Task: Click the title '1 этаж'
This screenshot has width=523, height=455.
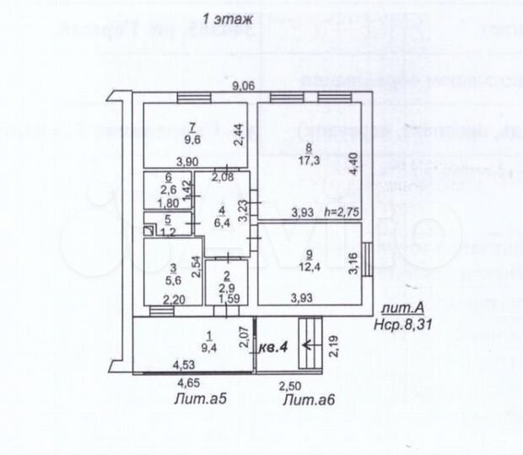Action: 219,19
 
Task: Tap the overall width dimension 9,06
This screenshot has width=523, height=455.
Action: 245,85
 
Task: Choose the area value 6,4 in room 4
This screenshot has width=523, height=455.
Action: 222,223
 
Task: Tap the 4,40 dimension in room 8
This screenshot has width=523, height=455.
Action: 355,159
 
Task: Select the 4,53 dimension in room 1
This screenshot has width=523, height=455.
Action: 186,366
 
